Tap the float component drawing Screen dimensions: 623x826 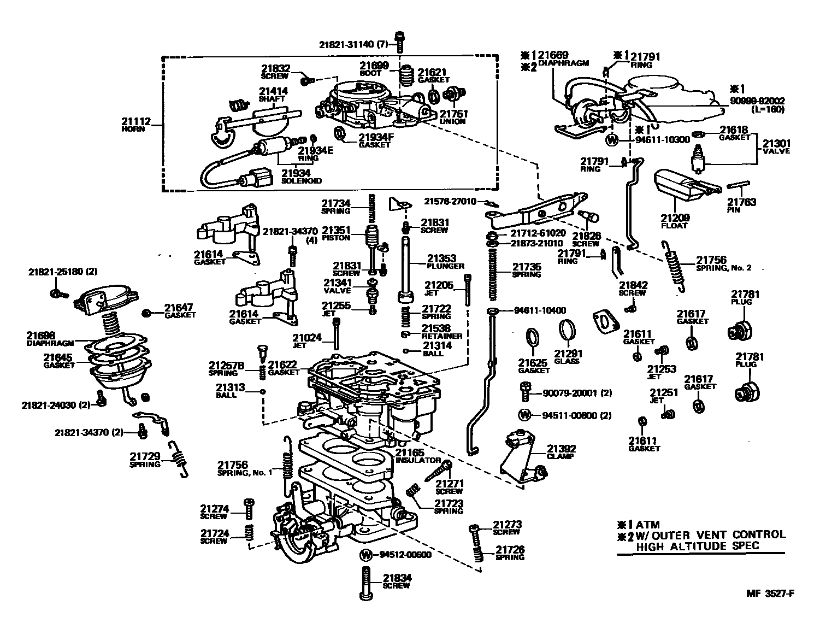677,186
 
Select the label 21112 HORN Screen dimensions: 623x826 134,125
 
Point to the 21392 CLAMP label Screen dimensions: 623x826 561,452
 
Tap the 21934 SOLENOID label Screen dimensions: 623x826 302,176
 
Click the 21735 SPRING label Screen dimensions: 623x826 526,270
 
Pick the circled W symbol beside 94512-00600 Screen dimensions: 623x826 366,555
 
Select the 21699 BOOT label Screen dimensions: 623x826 374,69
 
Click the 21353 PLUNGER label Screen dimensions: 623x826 445,261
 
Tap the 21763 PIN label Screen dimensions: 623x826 741,205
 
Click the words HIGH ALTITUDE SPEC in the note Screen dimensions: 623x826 698,546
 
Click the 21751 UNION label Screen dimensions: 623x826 453,117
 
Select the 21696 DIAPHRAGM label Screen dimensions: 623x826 42,339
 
